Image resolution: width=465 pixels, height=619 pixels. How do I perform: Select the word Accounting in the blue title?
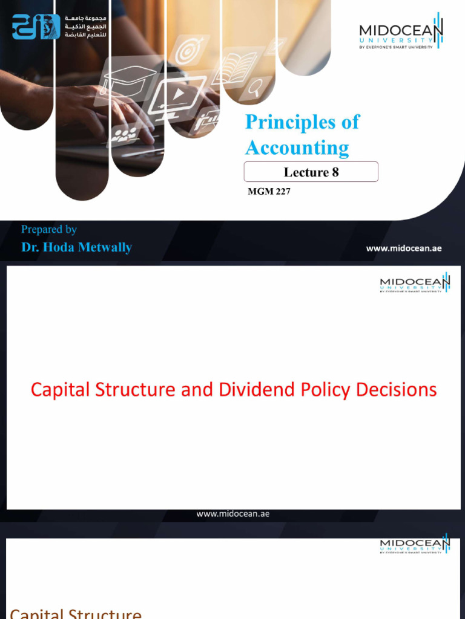[x=297, y=148]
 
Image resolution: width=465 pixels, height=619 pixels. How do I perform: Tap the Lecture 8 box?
[x=311, y=172]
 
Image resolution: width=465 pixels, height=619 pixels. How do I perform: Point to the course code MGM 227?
[x=269, y=192]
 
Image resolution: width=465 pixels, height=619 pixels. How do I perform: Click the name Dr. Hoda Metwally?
[x=76, y=247]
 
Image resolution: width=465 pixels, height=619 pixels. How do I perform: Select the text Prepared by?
[x=49, y=229]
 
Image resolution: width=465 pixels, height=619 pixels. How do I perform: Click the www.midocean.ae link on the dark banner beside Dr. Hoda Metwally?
[x=404, y=248]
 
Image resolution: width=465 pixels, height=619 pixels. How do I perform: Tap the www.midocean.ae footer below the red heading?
[x=232, y=514]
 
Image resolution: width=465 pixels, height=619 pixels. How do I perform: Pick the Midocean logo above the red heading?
[x=415, y=282]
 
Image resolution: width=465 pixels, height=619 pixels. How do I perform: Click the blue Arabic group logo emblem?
[x=36, y=27]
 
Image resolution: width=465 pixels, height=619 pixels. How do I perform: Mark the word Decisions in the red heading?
[x=400, y=390]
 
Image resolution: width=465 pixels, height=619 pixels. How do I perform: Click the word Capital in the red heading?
[x=60, y=390]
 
